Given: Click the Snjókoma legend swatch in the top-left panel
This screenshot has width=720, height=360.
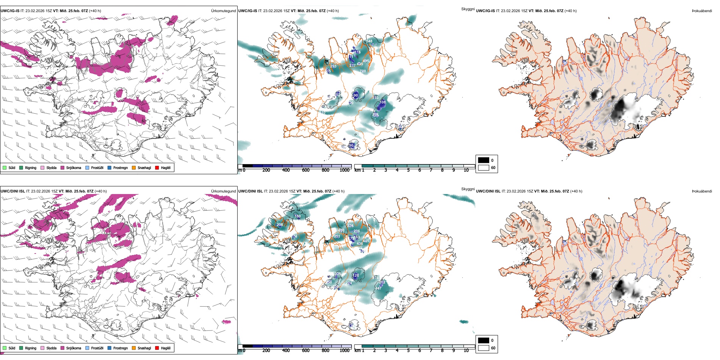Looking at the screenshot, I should point(63,167).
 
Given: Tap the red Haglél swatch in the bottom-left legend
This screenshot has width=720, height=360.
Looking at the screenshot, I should point(157,348).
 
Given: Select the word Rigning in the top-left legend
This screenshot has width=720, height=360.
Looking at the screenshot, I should point(31,167).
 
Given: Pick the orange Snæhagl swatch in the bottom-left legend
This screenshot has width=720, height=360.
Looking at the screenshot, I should point(134,348).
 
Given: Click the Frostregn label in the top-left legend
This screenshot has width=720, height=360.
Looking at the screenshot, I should point(121,167).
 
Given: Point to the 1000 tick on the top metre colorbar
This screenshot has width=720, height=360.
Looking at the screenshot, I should point(344,170).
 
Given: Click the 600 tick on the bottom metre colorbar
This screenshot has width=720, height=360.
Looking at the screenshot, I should point(306,351).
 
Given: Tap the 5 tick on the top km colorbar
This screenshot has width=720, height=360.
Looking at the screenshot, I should point(409,170).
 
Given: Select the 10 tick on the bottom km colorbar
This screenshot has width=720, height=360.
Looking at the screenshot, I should point(466,351).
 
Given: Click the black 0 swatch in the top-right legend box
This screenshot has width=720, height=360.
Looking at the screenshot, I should point(484,160).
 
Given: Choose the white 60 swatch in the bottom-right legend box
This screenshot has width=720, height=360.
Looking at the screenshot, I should point(484,348).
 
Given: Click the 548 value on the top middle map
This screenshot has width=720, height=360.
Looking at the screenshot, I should point(369,41).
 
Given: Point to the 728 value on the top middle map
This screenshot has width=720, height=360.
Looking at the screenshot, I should point(363,71).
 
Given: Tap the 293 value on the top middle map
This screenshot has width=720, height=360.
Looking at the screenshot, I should point(333,66).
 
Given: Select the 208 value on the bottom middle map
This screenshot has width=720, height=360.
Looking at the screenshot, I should point(280,225).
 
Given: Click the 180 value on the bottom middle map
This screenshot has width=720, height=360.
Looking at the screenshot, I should point(297,216).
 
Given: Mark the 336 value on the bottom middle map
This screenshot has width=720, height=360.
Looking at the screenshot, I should point(350,226).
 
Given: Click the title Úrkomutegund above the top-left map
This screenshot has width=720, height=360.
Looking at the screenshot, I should point(223,11).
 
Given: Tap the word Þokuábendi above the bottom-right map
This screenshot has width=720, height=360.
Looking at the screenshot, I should point(702,191).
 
